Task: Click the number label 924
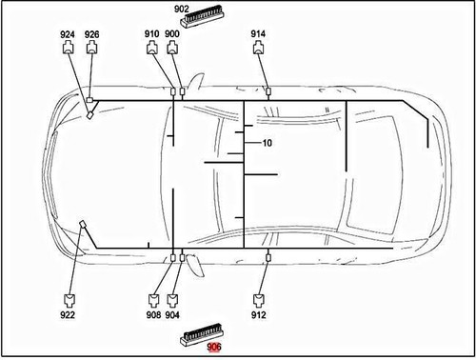coord(68,34)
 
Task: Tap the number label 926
coord(91,34)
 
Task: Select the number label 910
coord(152,34)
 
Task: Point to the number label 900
coord(172,34)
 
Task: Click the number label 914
coord(258,34)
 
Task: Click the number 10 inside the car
coord(268,143)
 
